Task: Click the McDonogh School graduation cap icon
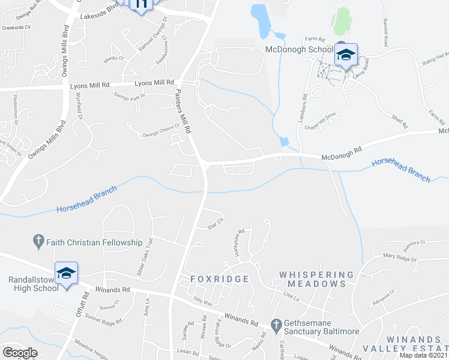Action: pos(346,55)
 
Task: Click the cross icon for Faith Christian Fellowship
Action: pos(38,242)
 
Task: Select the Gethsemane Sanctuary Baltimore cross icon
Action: pos(276,326)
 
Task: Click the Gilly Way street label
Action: pos(203,304)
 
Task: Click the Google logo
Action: pos(20,353)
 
